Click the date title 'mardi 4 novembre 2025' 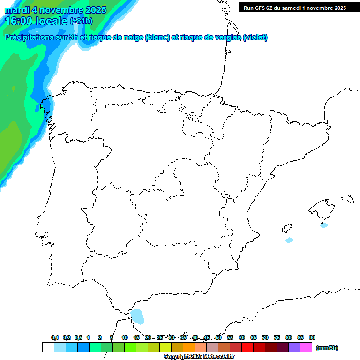pyautogui.click(x=55, y=10)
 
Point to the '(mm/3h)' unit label pyautogui.click(x=327, y=348)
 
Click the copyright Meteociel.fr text pyautogui.click(x=199, y=357)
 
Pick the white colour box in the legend pyautogui.click(x=48, y=347)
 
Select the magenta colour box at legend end pyautogui.click(x=306, y=347)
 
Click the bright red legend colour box pyautogui.click(x=247, y=347)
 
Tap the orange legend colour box pyautogui.click(x=189, y=347)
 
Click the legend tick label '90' pyautogui.click(x=312, y=337)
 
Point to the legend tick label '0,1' pyautogui.click(x=55, y=337)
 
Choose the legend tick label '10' pyautogui.click(x=125, y=337)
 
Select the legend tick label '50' pyautogui.click(x=218, y=337)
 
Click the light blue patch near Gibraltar pyautogui.click(x=137, y=316)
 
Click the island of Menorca pyautogui.click(x=347, y=199)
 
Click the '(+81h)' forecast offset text pyautogui.click(x=81, y=21)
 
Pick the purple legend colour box pyautogui.click(x=294, y=347)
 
